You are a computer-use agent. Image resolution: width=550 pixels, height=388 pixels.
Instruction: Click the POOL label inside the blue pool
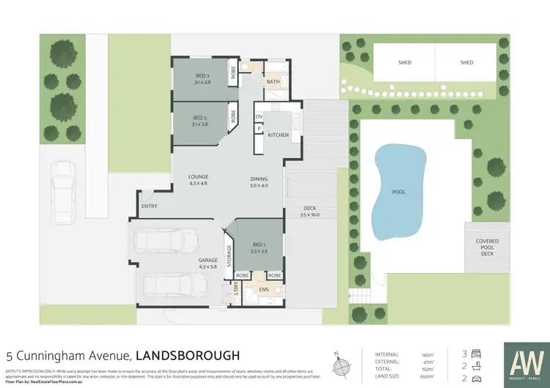point(398,192)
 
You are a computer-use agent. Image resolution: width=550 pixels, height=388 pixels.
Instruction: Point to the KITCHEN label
point(278,135)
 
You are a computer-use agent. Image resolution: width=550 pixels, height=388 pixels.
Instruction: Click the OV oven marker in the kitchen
point(259,117)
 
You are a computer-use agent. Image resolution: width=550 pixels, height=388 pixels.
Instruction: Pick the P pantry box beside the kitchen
point(259,130)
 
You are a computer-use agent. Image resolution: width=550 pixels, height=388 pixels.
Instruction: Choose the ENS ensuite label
point(263,291)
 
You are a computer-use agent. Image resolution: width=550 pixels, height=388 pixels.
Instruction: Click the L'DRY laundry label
point(236,291)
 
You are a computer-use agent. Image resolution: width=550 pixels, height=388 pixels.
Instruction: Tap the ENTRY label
point(149,206)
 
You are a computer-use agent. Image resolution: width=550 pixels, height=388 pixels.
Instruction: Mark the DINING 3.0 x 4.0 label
point(259,182)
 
